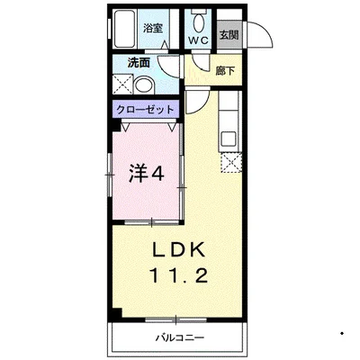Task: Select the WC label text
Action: point(198,40)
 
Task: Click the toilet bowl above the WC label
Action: point(198,22)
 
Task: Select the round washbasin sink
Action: point(143,86)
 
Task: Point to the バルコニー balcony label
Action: point(178,338)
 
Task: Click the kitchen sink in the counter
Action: point(229,139)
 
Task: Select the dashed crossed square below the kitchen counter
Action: point(230,164)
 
